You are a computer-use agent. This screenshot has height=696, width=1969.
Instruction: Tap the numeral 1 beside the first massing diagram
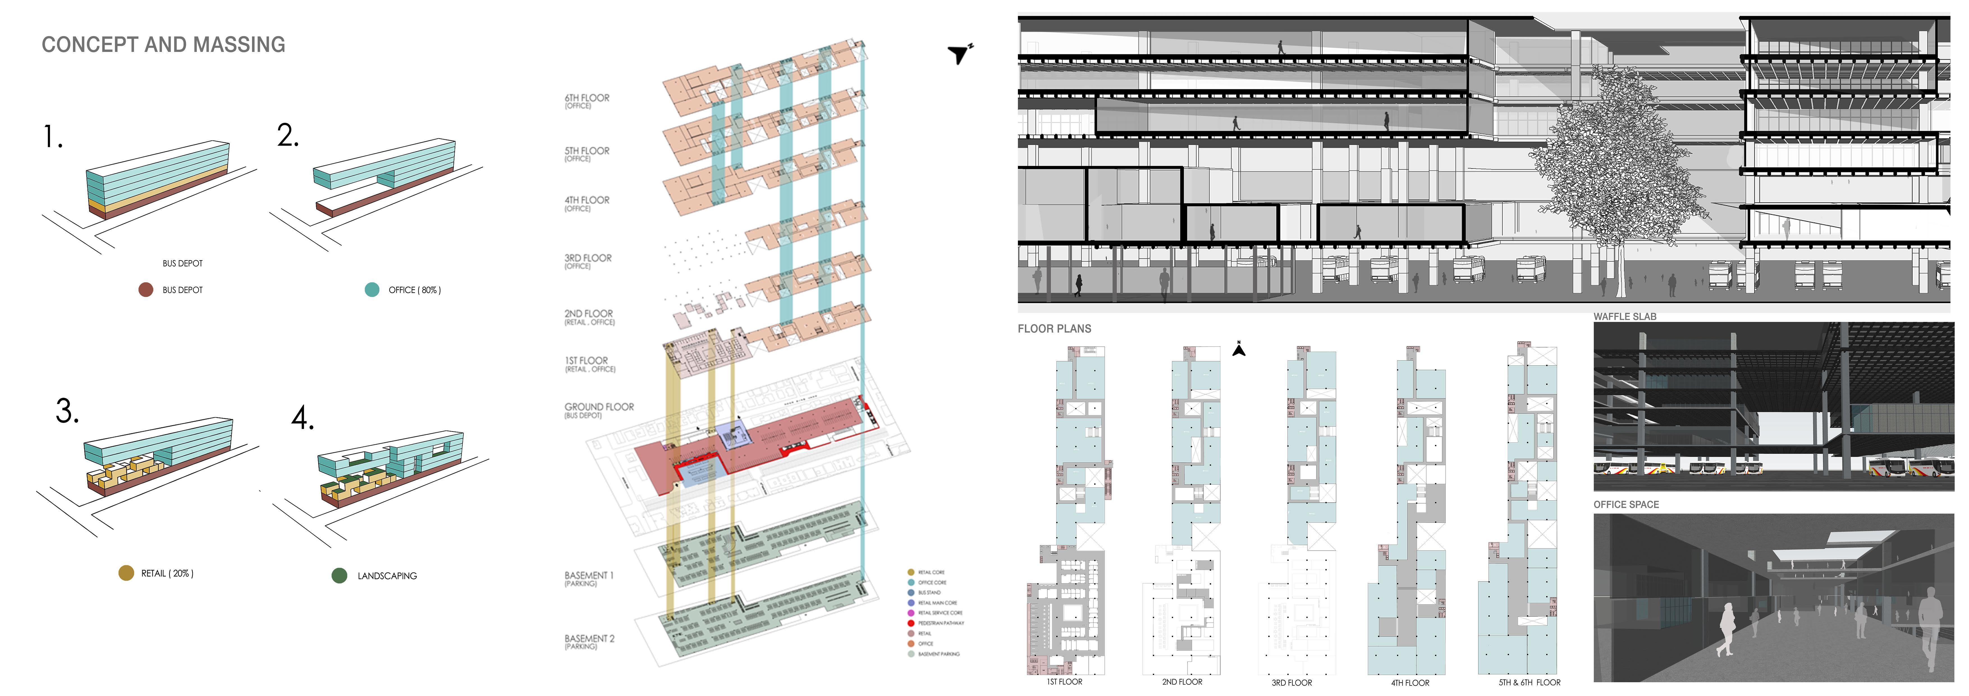(x=52, y=138)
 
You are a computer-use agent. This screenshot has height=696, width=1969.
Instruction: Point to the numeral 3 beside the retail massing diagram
(x=67, y=411)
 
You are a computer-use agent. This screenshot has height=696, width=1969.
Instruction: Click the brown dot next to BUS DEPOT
(x=145, y=290)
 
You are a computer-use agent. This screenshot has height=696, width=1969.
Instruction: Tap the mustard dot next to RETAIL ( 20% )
(x=126, y=573)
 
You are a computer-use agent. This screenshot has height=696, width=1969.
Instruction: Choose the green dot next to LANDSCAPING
(x=339, y=575)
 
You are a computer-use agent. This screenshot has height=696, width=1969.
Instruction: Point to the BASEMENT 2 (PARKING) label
(x=589, y=642)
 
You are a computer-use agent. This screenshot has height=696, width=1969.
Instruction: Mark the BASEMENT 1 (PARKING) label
(x=589, y=578)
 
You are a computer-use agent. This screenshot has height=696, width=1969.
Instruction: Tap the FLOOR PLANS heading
(x=1054, y=329)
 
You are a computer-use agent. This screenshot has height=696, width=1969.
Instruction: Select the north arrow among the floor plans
(x=1239, y=349)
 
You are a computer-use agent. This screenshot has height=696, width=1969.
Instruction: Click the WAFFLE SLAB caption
(x=1624, y=316)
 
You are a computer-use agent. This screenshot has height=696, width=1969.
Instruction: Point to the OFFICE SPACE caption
(x=1626, y=504)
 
